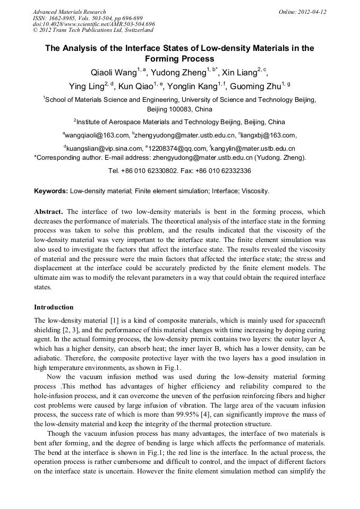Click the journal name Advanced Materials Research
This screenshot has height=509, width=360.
click(x=69, y=12)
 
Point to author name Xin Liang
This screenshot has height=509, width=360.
click(x=237, y=73)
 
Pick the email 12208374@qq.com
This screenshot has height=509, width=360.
click(x=177, y=149)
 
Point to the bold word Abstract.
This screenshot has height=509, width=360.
click(x=49, y=211)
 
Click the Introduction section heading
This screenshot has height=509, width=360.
click(x=54, y=307)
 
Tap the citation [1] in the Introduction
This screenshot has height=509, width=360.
click(x=101, y=321)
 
